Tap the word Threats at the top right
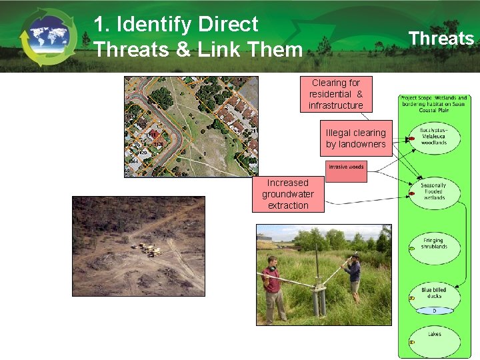(x=441, y=38)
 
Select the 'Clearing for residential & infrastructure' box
(x=336, y=94)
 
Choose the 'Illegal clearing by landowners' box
(x=355, y=139)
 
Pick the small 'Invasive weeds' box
(x=346, y=166)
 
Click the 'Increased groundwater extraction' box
(x=288, y=194)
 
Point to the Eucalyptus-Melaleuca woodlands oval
(x=434, y=135)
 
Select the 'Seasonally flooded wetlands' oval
(x=433, y=191)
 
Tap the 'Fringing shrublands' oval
(x=433, y=244)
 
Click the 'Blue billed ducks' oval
(x=434, y=295)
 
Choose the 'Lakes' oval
(x=434, y=338)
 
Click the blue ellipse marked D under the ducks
(x=434, y=310)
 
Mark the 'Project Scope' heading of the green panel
(x=434, y=103)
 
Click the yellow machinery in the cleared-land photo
(x=148, y=249)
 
